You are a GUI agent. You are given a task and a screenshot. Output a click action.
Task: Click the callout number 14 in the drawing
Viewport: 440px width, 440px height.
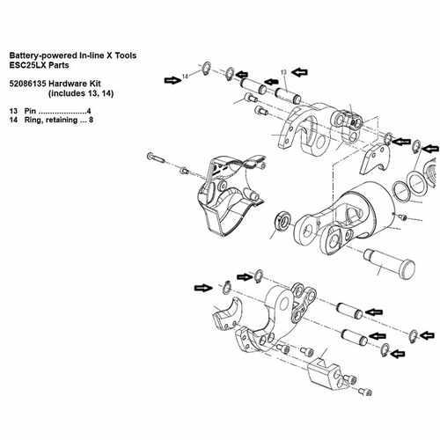(186, 77)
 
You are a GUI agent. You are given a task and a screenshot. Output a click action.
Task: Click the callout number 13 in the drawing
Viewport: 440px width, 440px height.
(284, 71)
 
